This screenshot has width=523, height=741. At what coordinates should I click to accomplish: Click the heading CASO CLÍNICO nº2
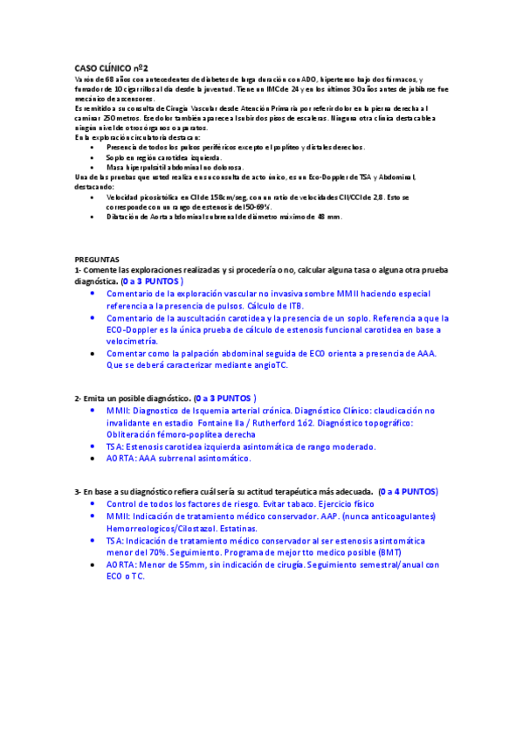tap(111, 67)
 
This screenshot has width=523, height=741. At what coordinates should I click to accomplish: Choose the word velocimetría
tap(138, 342)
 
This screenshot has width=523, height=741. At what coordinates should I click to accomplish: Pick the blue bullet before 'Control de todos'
tap(93, 504)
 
